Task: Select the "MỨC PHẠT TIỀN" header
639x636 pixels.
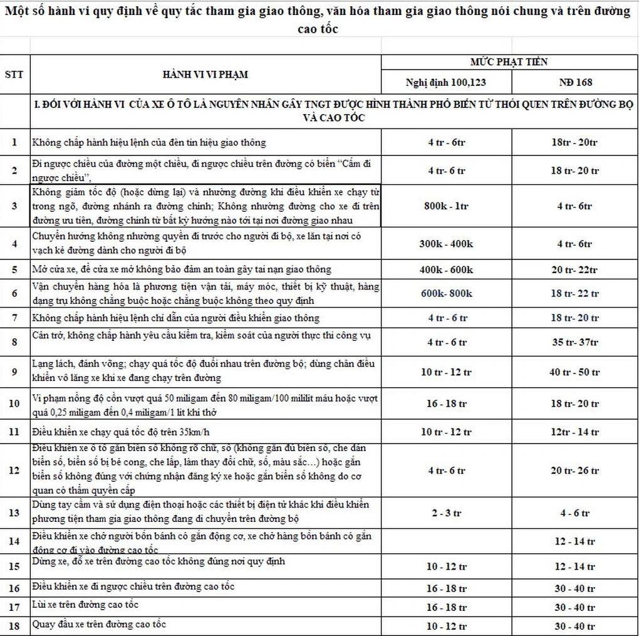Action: [x=509, y=62]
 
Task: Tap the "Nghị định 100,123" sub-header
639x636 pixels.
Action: [x=446, y=82]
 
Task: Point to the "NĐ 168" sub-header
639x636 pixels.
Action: [x=575, y=82]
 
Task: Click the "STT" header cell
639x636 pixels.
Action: [x=14, y=75]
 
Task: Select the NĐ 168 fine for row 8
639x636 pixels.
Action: [x=575, y=342]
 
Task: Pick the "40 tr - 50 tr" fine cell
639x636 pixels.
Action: [x=575, y=372]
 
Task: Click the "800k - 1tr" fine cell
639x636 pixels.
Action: [x=446, y=206]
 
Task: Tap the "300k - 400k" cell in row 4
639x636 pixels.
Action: [x=446, y=244]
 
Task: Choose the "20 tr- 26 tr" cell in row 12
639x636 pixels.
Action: [x=575, y=471]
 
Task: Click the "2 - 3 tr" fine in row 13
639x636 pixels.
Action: [x=446, y=513]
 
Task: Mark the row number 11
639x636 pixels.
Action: [x=14, y=432]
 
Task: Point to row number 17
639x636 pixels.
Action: [x=14, y=607]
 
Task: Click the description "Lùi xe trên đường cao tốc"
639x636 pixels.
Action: [x=85, y=605]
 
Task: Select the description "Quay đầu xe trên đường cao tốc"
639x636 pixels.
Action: [x=99, y=624]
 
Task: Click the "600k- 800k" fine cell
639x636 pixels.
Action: [x=446, y=293]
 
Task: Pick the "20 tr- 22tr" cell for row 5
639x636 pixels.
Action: [x=575, y=270]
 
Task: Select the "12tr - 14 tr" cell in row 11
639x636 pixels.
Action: [x=575, y=432]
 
